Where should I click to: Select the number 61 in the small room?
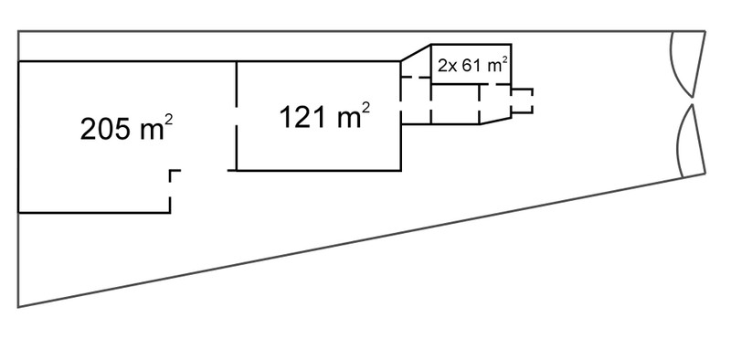(x=471, y=66)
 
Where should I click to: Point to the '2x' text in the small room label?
(x=448, y=66)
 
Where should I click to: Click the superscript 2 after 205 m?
(x=169, y=120)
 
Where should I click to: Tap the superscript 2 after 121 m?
(x=366, y=108)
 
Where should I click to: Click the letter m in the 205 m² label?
(x=152, y=132)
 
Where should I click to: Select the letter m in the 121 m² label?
(x=349, y=121)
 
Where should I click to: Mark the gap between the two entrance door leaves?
(x=693, y=101)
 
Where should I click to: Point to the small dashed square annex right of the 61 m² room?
(x=523, y=101)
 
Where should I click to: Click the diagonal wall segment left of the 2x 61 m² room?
(x=416, y=53)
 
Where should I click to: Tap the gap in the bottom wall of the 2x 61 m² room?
(x=488, y=84)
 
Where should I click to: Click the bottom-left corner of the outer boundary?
(x=18, y=307)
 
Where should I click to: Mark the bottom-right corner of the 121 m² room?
(x=400, y=171)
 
